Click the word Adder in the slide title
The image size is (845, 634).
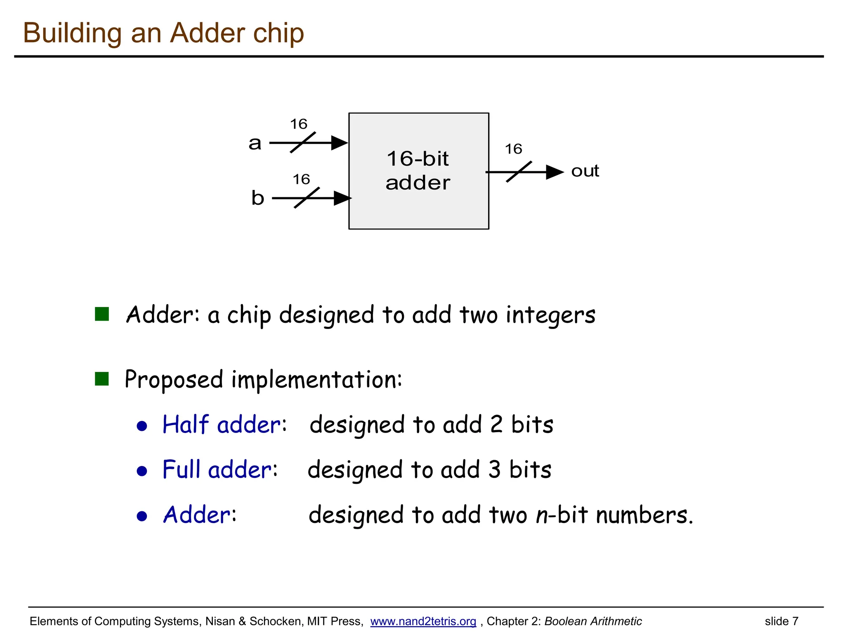click(208, 33)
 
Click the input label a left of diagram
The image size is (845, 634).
click(255, 143)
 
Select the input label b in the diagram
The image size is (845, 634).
click(257, 198)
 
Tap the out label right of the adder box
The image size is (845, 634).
click(585, 171)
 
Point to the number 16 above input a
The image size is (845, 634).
click(298, 124)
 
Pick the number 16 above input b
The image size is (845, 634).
click(301, 179)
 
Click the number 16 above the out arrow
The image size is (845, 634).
click(513, 149)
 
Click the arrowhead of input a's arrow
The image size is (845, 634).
click(340, 143)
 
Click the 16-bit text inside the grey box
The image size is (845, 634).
click(418, 159)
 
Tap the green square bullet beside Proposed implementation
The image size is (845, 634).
click(101, 379)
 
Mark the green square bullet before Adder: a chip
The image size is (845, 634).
click(101, 314)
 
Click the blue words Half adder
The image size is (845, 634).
click(222, 424)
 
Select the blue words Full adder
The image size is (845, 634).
click(217, 469)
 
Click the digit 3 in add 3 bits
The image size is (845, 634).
click(494, 469)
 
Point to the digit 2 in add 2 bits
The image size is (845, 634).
click(496, 424)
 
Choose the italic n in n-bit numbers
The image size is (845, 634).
click(541, 515)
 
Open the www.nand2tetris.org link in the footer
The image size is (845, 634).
click(423, 621)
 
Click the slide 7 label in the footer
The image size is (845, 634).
click(781, 621)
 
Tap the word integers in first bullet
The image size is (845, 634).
click(550, 315)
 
